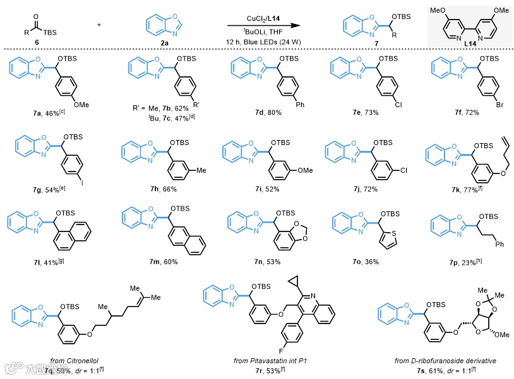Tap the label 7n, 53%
click(258, 260)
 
